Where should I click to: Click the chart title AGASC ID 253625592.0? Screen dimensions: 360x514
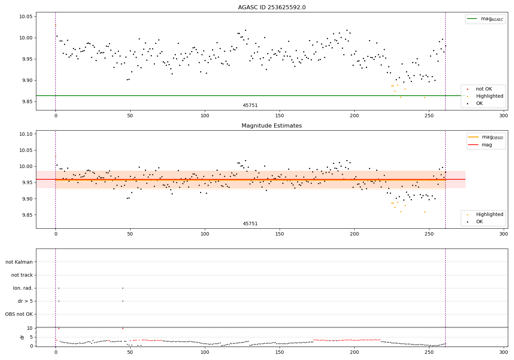click(x=272, y=8)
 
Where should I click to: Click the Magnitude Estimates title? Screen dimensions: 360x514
click(x=272, y=126)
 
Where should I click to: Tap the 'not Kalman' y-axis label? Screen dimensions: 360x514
click(x=19, y=262)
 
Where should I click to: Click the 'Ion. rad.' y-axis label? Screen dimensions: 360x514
click(x=23, y=288)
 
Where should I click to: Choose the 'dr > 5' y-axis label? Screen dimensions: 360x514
click(x=25, y=301)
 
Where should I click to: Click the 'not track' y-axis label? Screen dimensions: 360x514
click(x=22, y=275)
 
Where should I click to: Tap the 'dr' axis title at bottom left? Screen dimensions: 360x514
click(x=22, y=337)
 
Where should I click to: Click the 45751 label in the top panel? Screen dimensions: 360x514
click(x=250, y=106)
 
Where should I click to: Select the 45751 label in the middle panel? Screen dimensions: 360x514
click(x=250, y=224)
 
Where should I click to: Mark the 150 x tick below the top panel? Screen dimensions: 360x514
click(x=280, y=116)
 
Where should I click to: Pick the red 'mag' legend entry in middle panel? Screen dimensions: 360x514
click(x=487, y=145)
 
